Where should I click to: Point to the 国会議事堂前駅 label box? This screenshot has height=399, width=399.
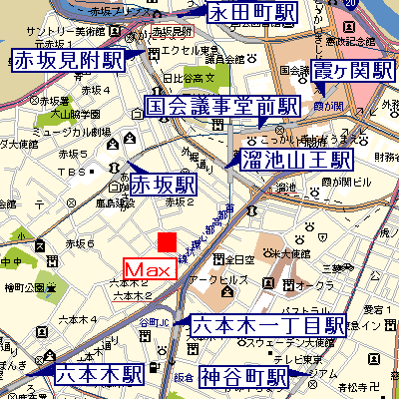(x=222, y=107)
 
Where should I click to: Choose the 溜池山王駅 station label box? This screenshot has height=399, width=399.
(x=295, y=160)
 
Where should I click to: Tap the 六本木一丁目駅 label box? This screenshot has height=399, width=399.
(x=267, y=325)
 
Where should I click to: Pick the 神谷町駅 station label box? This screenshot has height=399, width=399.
(x=242, y=377)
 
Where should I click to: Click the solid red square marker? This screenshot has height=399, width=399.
(x=168, y=242)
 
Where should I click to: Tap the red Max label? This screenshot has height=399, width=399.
(x=149, y=269)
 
